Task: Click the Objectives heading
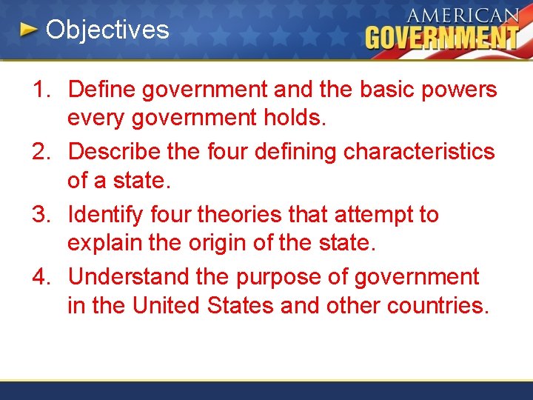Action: (x=107, y=30)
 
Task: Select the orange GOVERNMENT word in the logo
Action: (x=442, y=37)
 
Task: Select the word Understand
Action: (x=128, y=277)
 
